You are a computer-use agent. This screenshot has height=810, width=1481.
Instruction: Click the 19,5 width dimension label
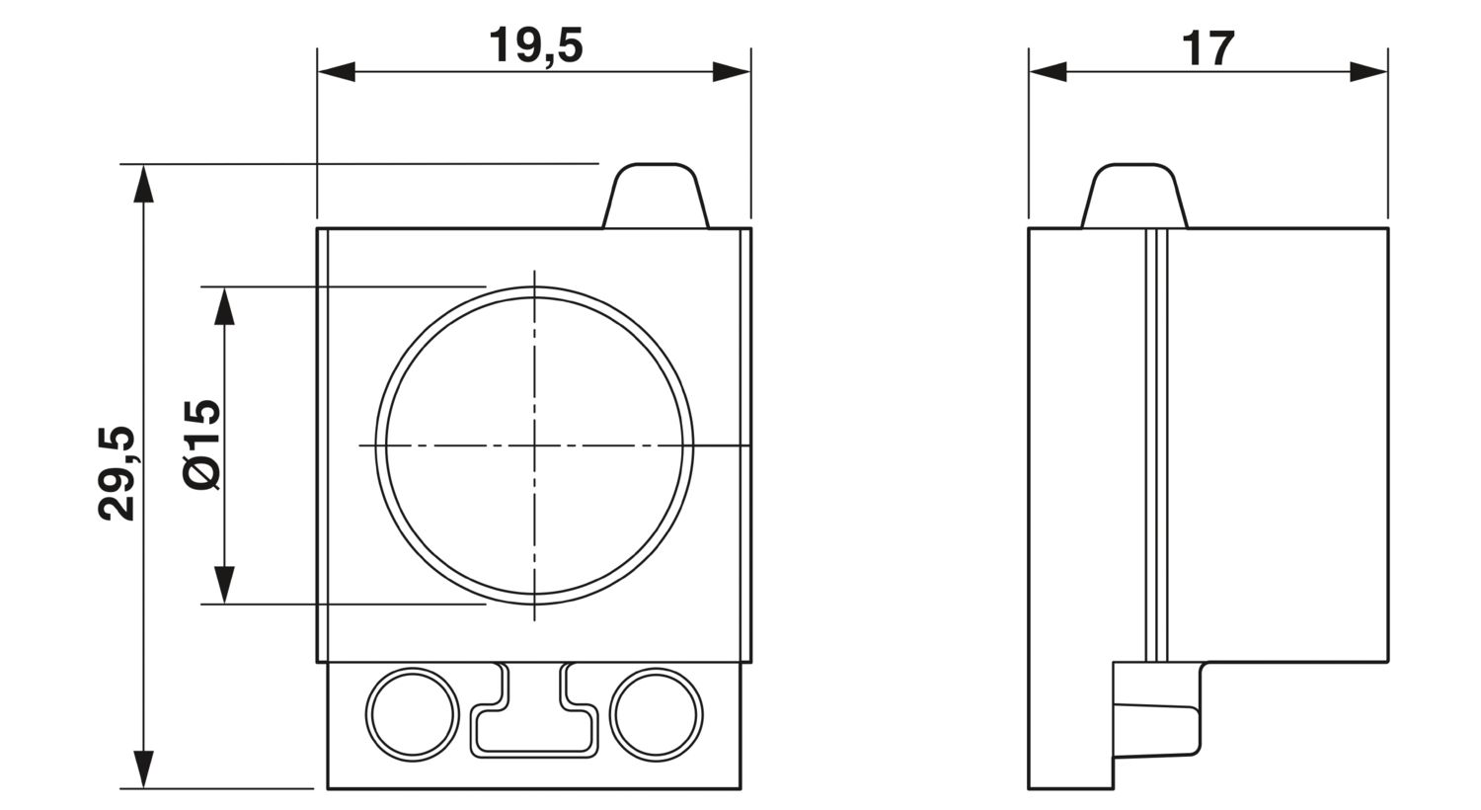pos(535,46)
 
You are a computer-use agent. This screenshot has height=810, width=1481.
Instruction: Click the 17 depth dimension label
pos(1208,48)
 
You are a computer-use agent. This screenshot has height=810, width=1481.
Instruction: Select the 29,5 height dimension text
pos(117,473)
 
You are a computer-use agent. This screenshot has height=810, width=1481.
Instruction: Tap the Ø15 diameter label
pos(201,445)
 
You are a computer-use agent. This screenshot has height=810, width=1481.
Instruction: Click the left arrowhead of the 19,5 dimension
pos(336,72)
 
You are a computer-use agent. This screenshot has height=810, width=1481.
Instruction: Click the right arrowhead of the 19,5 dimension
pos(732,72)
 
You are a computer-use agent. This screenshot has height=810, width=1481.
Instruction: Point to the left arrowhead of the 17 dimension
pos(1048,72)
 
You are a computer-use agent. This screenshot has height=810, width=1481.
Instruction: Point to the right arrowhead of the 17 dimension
pos(1367,72)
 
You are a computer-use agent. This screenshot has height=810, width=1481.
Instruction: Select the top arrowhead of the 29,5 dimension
pos(143,183)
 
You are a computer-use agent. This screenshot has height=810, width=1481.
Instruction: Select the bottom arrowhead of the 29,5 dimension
pos(143,769)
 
